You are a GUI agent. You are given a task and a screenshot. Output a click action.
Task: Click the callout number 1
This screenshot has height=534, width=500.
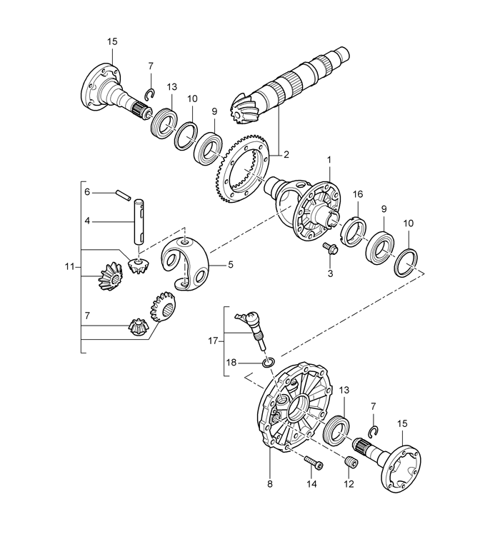click(x=329, y=159)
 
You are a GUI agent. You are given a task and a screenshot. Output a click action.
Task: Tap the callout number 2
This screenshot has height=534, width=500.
click(x=286, y=154)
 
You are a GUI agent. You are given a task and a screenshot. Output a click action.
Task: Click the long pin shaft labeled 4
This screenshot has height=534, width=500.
click(x=139, y=221)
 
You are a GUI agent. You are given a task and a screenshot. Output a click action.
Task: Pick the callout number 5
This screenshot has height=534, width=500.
click(x=231, y=264)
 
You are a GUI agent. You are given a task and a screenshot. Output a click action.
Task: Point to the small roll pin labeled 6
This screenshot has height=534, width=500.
click(x=123, y=194)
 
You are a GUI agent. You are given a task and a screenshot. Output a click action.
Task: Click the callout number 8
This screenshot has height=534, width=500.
click(x=270, y=484)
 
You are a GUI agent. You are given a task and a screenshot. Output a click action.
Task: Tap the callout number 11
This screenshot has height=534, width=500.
click(x=69, y=267)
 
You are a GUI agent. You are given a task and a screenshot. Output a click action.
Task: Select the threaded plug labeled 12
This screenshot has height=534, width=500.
click(x=350, y=462)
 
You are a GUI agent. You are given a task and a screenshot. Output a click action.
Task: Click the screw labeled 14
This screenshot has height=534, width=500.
click(x=314, y=462)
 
